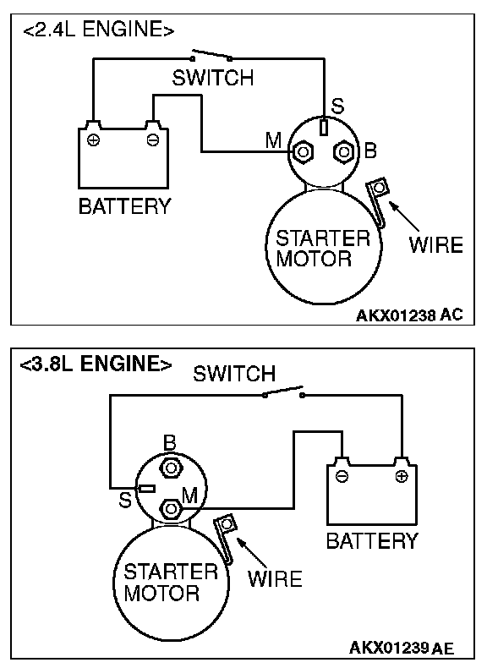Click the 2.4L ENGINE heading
[x=98, y=30]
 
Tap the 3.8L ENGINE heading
[x=96, y=364]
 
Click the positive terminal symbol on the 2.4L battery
[x=93, y=140]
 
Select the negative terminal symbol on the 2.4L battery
[x=152, y=140]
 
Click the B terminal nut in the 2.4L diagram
[x=344, y=151]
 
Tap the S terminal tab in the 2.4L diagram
[x=324, y=127]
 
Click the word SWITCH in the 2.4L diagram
[x=212, y=78]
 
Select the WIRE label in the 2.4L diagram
[x=436, y=245]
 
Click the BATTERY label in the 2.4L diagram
[x=125, y=206]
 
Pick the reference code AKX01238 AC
[x=409, y=315]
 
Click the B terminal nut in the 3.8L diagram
[x=172, y=468]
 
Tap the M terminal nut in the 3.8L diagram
[x=172, y=509]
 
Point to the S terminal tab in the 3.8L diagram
[x=147, y=488]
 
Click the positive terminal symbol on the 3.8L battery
[x=401, y=476]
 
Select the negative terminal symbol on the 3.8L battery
[x=342, y=476]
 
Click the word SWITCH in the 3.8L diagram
[x=234, y=374]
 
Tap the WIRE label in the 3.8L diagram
[x=275, y=579]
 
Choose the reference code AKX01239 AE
[x=402, y=648]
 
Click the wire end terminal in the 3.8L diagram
[x=227, y=523]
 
